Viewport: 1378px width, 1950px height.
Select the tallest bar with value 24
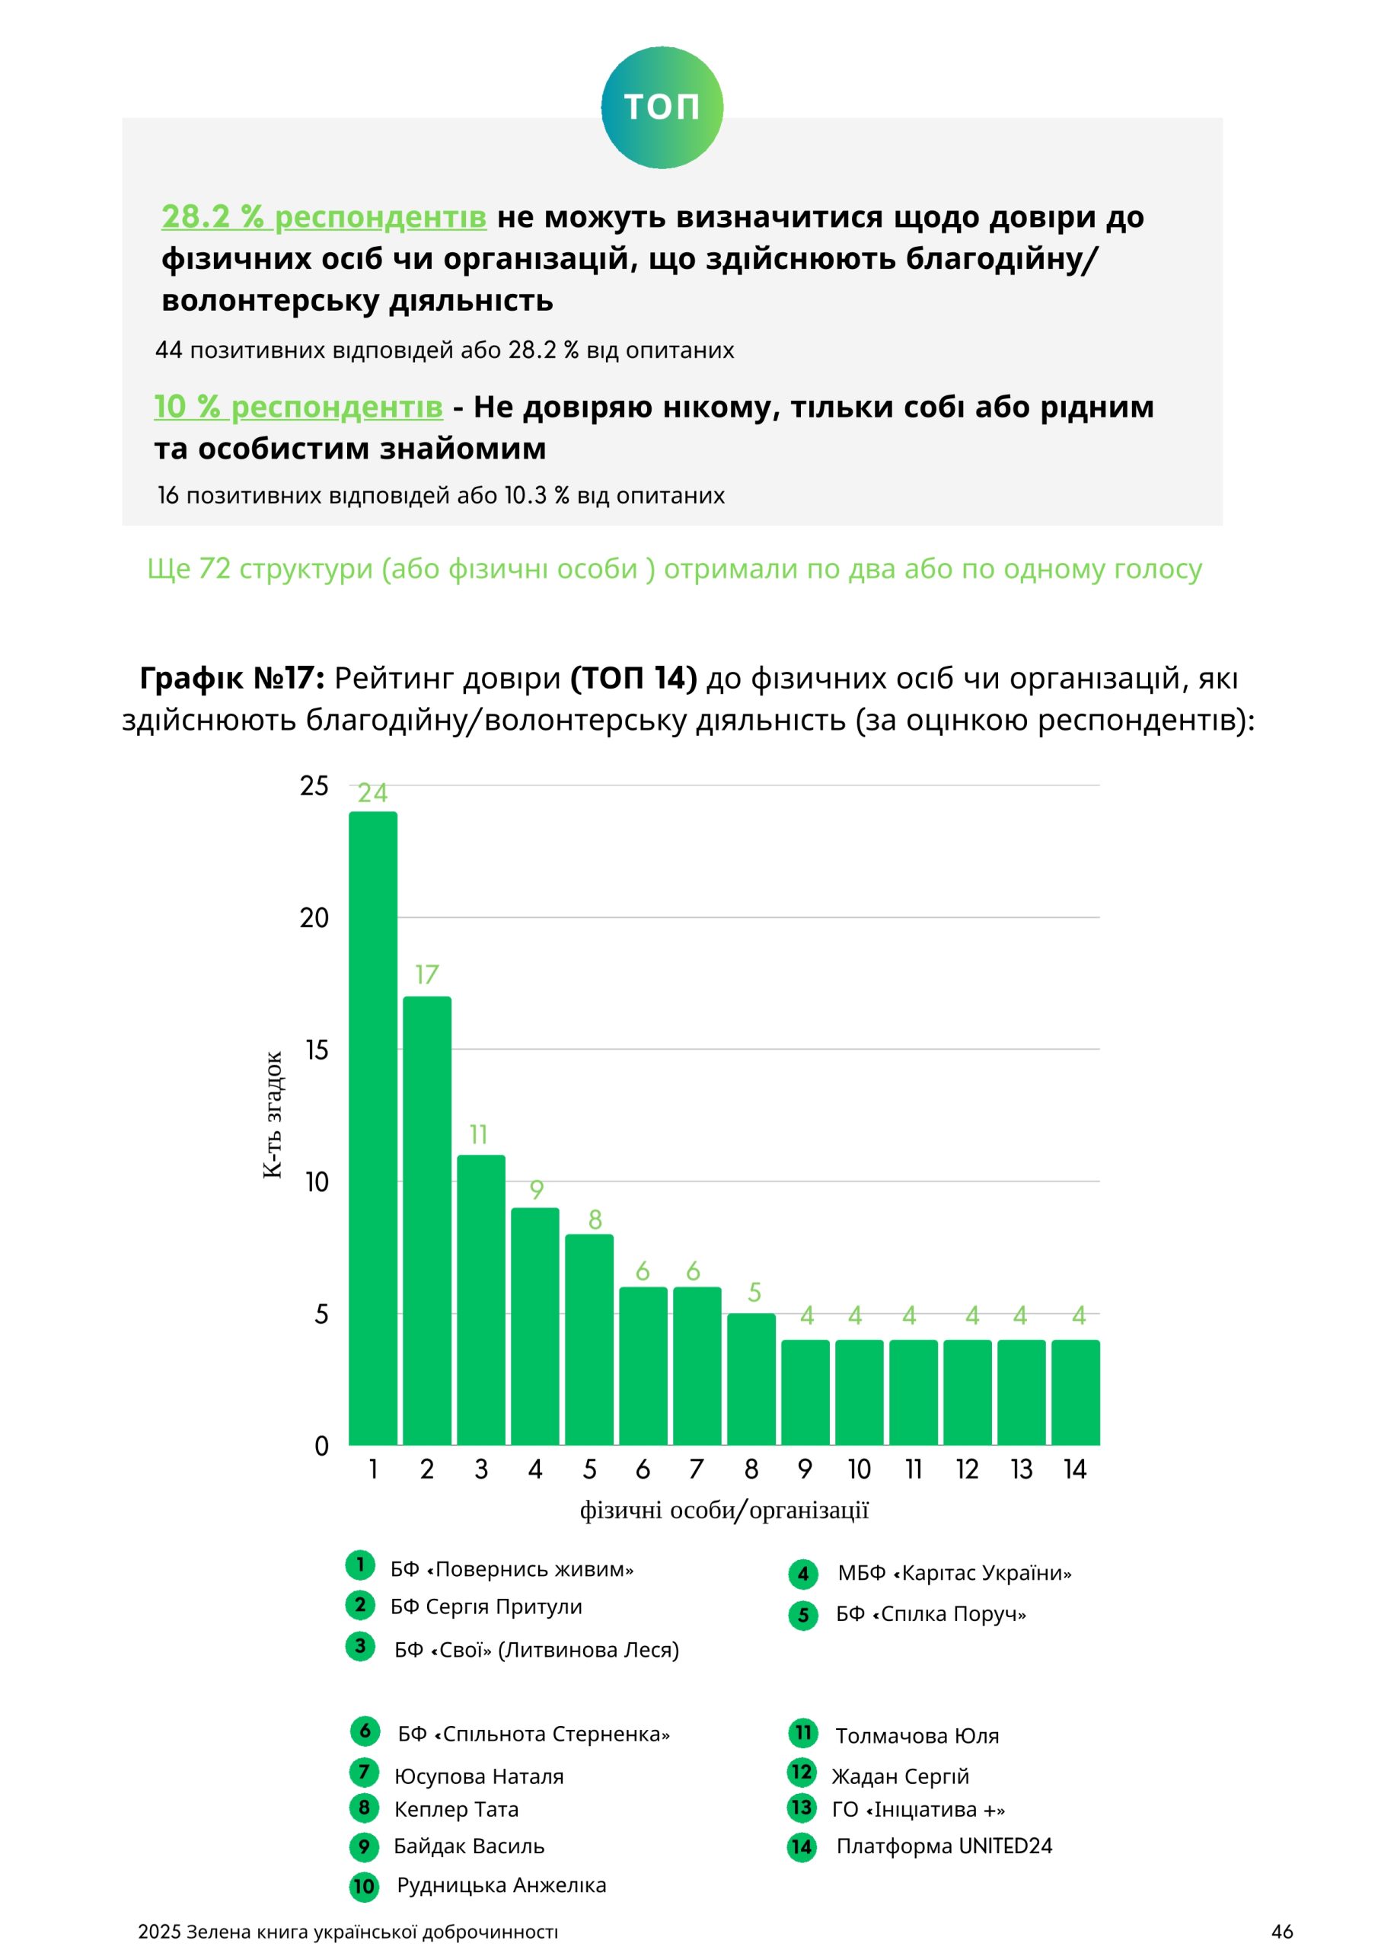pos(373,1130)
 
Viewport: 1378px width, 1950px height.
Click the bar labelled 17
pos(427,1223)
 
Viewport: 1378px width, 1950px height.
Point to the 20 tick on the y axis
pos(314,918)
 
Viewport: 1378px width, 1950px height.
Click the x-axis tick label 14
pos(1075,1470)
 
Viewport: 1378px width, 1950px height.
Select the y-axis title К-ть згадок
pos(273,1115)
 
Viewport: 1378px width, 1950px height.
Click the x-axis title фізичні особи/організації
pos(723,1510)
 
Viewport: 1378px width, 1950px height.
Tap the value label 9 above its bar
pos(536,1190)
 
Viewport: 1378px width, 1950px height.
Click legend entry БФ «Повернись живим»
pos(511,1569)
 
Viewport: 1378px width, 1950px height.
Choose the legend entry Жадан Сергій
pos(900,1777)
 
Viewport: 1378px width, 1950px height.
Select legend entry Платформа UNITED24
pos(944,1846)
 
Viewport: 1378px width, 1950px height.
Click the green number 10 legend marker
pos(363,1887)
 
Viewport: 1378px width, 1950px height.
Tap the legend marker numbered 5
pos(803,1616)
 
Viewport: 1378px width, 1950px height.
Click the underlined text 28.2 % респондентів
pos(324,216)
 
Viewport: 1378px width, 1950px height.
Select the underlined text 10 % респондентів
pos(298,407)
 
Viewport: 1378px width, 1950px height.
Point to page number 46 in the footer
pos(1282,1932)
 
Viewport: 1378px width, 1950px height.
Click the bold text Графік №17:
pos(231,678)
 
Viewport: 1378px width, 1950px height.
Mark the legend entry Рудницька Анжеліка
pos(501,1885)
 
